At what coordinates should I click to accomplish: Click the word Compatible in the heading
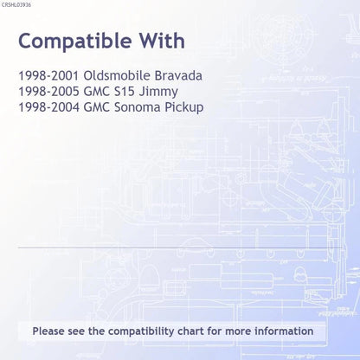tap(75, 42)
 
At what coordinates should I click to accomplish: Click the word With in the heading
tap(162, 41)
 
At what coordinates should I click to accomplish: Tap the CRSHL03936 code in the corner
tap(16, 5)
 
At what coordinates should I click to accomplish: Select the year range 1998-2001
tap(48, 76)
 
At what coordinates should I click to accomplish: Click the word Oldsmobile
tap(117, 76)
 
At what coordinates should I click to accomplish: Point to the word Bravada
tap(178, 76)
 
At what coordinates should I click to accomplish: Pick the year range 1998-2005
tap(48, 92)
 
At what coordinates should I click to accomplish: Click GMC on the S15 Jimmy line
tap(97, 92)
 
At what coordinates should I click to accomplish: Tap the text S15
tap(125, 92)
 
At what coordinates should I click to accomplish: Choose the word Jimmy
tap(158, 93)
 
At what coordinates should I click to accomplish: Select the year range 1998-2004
tap(48, 107)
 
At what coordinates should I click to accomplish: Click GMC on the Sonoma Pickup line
tap(97, 107)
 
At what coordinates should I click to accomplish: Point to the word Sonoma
tap(138, 107)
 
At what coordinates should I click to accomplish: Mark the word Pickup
tap(184, 108)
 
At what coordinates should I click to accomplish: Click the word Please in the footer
tap(48, 331)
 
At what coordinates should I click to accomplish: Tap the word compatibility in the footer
tap(141, 331)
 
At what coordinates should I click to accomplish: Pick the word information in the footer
tap(284, 331)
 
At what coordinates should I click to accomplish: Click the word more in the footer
tap(238, 331)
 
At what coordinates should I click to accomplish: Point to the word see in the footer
tap(76, 331)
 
